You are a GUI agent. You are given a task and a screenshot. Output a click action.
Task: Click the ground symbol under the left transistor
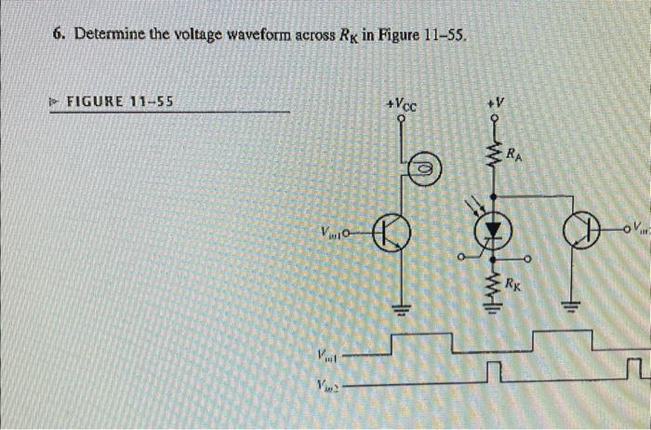[x=403, y=312]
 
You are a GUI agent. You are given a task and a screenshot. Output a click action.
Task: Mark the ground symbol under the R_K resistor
[x=494, y=312]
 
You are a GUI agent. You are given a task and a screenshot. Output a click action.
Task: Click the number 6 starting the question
[x=58, y=34]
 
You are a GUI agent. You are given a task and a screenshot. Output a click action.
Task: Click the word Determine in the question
[x=104, y=34]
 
